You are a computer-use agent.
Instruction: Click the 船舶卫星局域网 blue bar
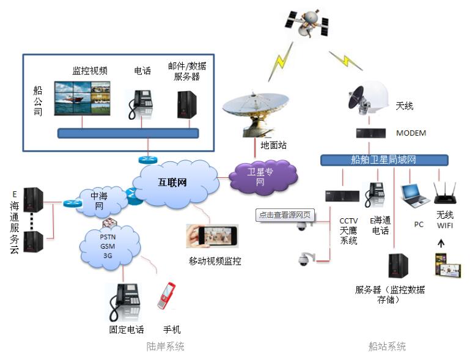click(383, 160)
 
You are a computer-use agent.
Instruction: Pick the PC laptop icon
click(413, 196)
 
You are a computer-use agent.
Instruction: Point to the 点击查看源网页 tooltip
click(283, 215)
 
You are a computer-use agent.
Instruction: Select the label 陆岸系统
click(165, 347)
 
